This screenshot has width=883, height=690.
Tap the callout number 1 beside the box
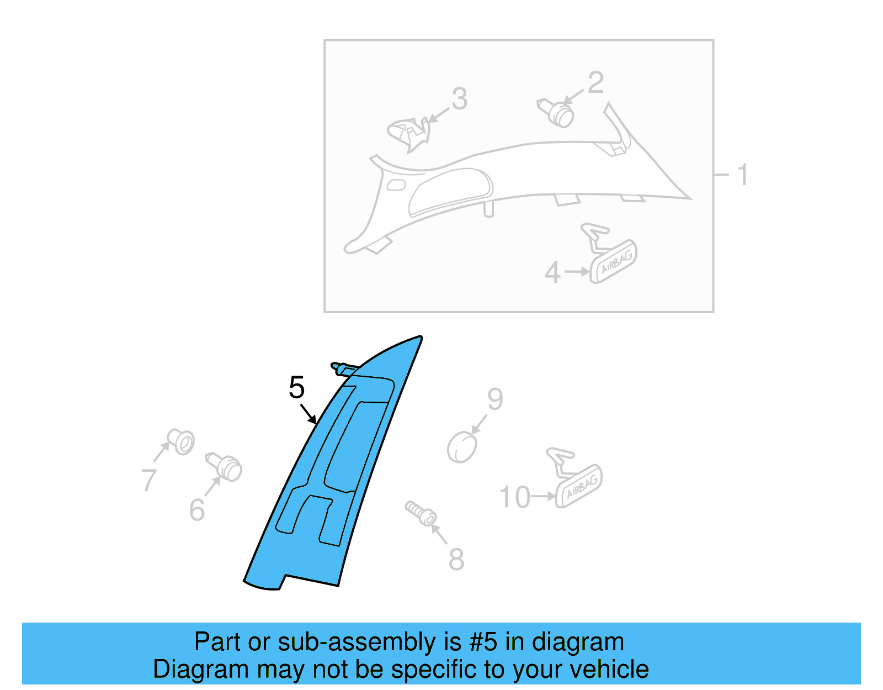(743, 175)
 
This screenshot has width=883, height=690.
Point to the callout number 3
(460, 99)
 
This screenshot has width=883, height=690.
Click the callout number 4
(552, 272)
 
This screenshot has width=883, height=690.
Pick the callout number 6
(197, 510)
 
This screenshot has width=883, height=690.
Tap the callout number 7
(148, 480)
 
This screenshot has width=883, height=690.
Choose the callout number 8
(456, 560)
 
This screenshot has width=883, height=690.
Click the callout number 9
(495, 399)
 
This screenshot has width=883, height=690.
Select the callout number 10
(514, 497)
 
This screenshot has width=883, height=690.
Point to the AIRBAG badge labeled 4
(609, 254)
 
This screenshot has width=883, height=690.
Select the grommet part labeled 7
(181, 441)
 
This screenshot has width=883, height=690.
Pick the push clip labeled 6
(224, 467)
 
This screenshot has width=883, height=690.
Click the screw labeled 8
(421, 514)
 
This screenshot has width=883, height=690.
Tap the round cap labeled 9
(461, 447)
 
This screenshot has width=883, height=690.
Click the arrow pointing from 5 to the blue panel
(308, 414)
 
